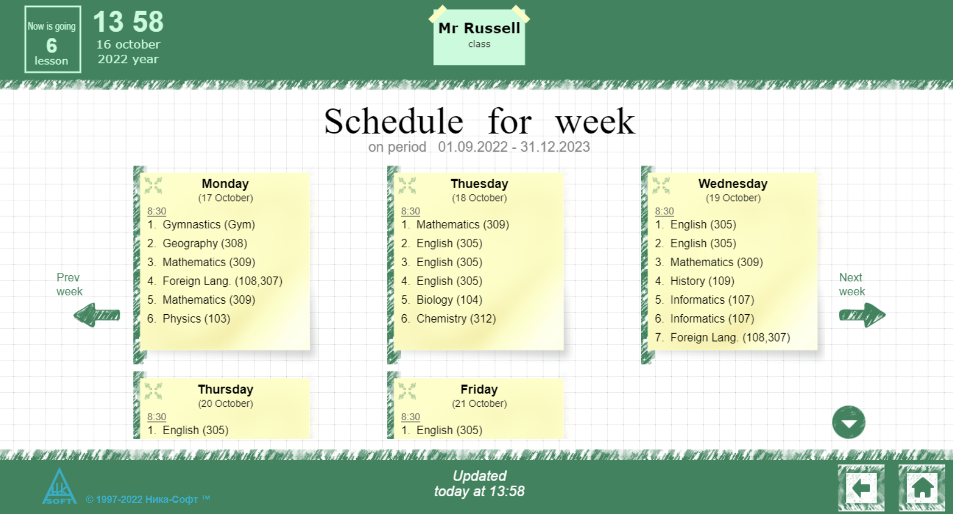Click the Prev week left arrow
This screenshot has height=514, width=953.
click(97, 315)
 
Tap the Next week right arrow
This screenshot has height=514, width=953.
click(861, 315)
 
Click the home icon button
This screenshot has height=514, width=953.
click(922, 488)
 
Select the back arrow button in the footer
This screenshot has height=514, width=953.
click(860, 488)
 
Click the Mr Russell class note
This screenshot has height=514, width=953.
click(479, 35)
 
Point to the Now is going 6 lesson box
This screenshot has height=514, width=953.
click(52, 40)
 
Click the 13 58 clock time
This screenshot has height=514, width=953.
click(128, 22)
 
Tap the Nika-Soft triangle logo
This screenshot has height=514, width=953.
click(59, 487)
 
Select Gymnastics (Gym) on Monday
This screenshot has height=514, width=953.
click(209, 224)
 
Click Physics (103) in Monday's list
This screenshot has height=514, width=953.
click(196, 319)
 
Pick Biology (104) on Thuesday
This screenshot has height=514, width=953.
click(449, 300)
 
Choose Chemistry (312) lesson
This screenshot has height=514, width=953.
click(455, 319)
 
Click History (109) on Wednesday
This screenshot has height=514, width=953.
click(701, 281)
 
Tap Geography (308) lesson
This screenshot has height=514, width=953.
click(204, 243)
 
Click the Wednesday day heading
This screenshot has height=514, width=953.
click(733, 184)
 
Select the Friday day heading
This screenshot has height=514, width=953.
click(479, 389)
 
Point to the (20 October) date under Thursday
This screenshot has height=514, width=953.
click(225, 403)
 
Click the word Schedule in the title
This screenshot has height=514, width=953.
click(393, 121)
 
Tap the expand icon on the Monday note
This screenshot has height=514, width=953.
click(153, 185)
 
